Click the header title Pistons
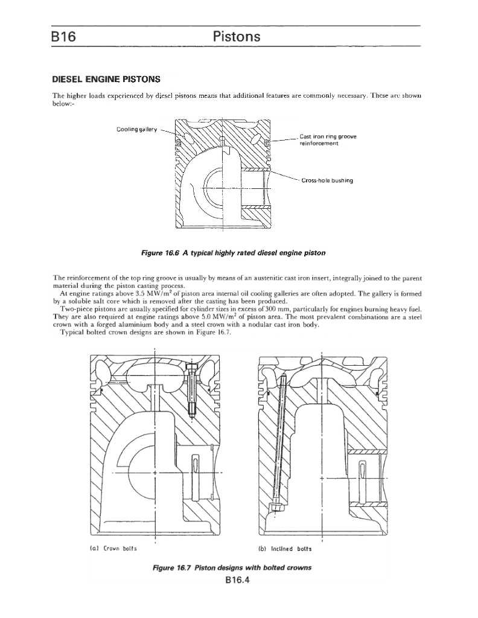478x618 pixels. [237, 37]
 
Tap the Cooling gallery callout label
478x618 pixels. [136, 129]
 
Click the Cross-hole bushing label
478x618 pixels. [329, 180]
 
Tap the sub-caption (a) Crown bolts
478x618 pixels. [121, 548]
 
